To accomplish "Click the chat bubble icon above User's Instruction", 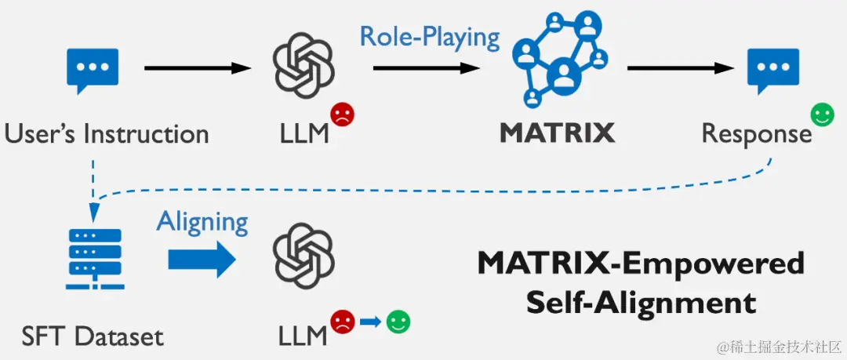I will point(93,70).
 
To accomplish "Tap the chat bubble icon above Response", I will point(772,70).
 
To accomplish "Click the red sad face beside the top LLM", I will point(343,115).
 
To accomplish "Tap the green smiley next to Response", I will point(822,115).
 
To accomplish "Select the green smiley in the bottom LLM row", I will point(398,321).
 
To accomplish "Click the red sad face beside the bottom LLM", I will point(342,321).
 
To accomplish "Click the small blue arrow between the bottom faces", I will point(370,321).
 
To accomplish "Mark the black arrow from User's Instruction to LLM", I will point(197,68).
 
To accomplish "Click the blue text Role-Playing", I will point(429,37).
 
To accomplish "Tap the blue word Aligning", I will point(202,222).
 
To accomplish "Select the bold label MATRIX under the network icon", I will point(557,133).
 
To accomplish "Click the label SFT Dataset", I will point(93,336).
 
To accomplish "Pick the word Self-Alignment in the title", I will point(641,301).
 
